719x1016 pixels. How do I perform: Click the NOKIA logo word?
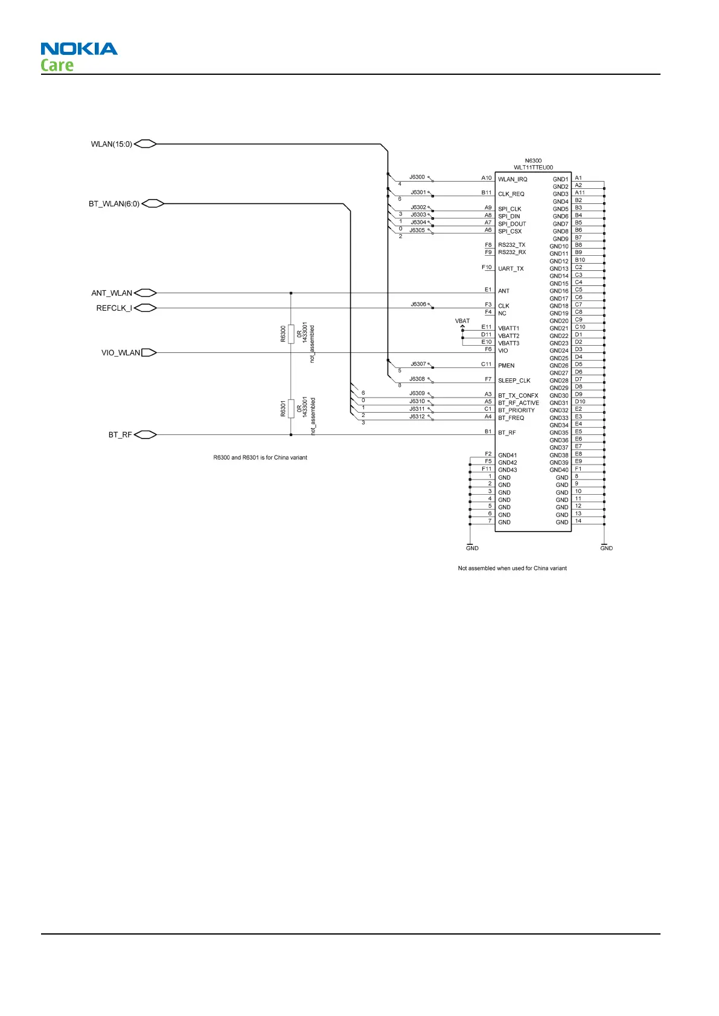click(79, 49)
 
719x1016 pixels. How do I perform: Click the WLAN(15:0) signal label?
click(111, 144)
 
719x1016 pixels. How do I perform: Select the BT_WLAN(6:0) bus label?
click(114, 204)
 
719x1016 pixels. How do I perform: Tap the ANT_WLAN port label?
click(112, 293)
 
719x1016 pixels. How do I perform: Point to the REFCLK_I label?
click(114, 308)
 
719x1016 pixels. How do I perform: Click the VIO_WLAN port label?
click(121, 353)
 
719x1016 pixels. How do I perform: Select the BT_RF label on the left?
click(120, 435)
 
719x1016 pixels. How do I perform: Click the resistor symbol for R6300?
click(291, 333)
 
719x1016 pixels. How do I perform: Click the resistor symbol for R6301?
click(291, 408)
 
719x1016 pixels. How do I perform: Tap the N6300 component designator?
click(533, 161)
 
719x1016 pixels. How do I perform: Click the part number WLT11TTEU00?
click(533, 168)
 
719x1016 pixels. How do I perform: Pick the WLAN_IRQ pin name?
click(513, 179)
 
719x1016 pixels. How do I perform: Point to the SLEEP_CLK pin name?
click(514, 381)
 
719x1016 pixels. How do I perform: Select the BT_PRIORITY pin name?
click(516, 410)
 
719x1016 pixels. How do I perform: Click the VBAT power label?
click(462, 321)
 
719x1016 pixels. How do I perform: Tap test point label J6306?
click(418, 304)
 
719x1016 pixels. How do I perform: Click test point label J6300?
click(417, 177)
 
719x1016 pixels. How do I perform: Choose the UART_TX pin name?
click(511, 269)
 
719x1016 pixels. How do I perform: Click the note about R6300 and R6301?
click(260, 458)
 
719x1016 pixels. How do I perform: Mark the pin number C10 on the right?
click(580, 327)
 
